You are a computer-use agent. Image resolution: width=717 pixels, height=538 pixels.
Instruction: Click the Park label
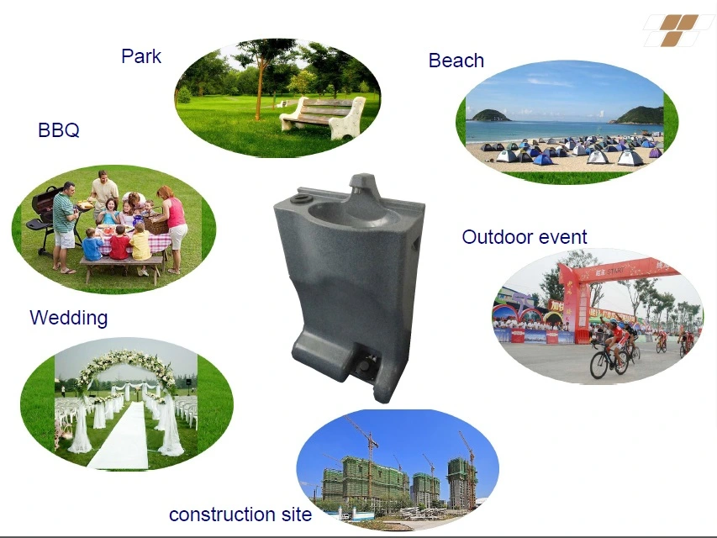tap(141, 56)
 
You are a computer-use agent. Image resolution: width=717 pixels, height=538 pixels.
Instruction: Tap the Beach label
tap(456, 61)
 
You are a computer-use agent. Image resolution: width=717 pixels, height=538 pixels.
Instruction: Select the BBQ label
tap(59, 130)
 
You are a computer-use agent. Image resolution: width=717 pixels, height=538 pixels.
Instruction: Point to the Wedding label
tap(69, 318)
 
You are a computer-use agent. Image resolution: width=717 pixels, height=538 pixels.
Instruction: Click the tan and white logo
tap(677, 30)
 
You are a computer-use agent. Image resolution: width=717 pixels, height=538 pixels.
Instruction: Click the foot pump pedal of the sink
tap(365, 365)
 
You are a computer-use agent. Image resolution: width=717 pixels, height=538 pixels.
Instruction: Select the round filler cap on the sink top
tap(302, 198)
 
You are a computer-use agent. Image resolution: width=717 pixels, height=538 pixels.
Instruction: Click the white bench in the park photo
tap(323, 117)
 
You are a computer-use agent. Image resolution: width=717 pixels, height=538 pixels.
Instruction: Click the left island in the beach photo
tap(490, 115)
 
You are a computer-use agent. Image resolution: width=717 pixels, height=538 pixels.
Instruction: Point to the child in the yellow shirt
tap(140, 249)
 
